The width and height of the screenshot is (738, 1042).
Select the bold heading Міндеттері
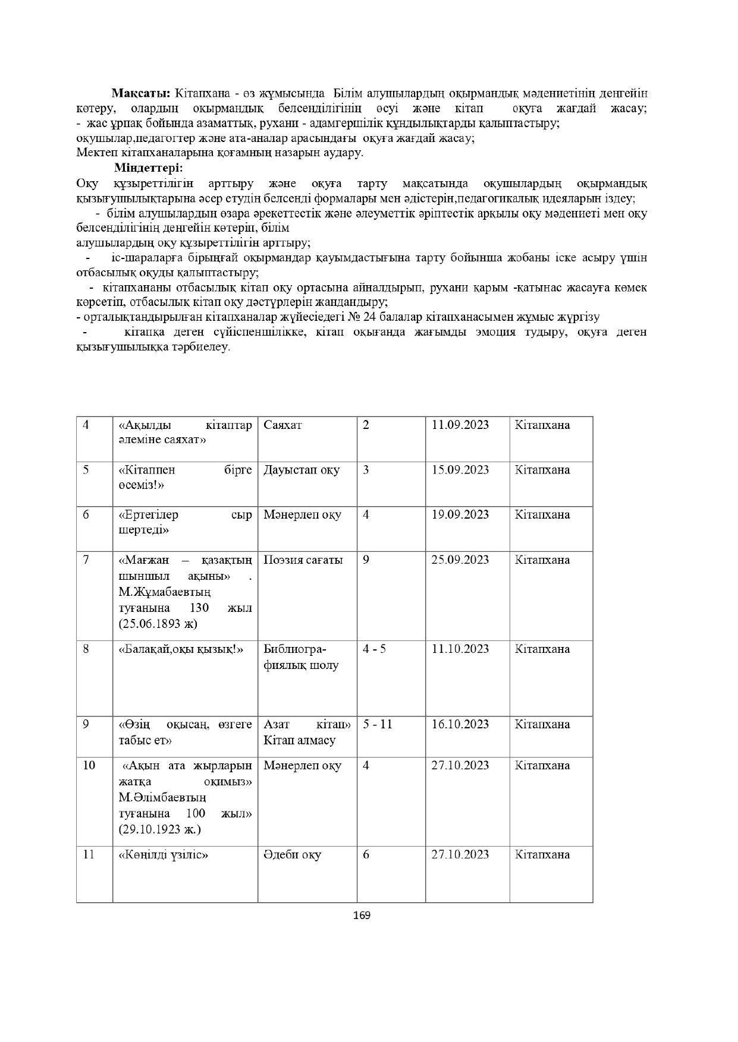coord(148,168)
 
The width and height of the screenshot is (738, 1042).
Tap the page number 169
coord(361,915)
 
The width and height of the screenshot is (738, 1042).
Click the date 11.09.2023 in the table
coord(460,425)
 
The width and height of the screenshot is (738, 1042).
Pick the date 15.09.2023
coord(460,470)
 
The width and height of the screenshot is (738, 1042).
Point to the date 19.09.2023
coord(460,514)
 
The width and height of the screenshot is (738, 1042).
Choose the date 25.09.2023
coord(460,560)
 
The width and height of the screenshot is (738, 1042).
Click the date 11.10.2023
coord(460,649)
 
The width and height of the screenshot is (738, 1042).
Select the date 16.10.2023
coord(460,724)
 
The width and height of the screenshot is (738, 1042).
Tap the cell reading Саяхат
coord(282,425)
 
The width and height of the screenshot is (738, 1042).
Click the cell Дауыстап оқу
coord(302,470)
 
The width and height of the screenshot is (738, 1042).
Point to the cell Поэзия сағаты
coord(303,560)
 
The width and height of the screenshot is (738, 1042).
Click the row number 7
coord(86,560)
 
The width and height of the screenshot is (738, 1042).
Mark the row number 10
coord(89,765)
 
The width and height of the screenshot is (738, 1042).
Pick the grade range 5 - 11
coord(377,724)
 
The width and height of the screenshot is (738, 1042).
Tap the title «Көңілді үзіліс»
coord(163,855)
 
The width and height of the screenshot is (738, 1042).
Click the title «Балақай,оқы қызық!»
coord(181,649)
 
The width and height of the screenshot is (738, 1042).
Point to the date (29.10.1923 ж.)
coord(159,829)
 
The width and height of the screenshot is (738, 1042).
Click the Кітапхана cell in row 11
coord(542,855)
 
